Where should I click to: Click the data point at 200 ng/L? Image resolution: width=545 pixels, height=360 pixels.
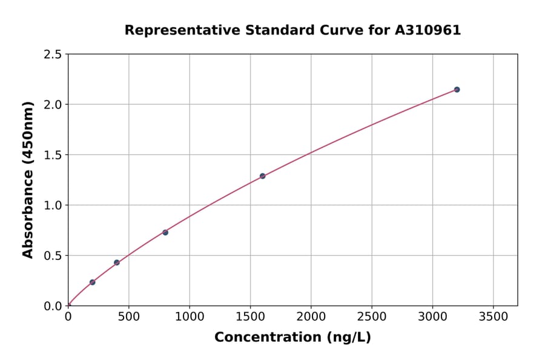pyautogui.click(x=92, y=282)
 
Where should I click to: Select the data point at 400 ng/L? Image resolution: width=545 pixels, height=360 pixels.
pyautogui.click(x=117, y=262)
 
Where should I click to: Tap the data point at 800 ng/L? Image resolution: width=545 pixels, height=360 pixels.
pyautogui.click(x=165, y=232)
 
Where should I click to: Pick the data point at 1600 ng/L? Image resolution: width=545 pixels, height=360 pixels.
pyautogui.click(x=262, y=176)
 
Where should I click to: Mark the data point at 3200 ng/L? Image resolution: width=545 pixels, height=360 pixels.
pyautogui.click(x=457, y=90)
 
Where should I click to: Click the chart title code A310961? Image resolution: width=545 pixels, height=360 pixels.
pyautogui.click(x=429, y=30)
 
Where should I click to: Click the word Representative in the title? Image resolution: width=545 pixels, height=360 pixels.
pyautogui.click(x=182, y=30)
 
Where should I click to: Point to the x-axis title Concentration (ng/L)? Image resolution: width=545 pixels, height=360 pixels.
pyautogui.click(x=292, y=338)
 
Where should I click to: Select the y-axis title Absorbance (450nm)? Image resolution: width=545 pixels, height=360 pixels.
pyautogui.click(x=28, y=180)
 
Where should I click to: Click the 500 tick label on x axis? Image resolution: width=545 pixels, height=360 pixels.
pyautogui.click(x=128, y=316)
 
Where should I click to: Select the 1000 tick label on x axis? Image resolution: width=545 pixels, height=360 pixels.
pyautogui.click(x=190, y=316)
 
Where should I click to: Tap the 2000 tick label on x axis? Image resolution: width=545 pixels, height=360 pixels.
pyautogui.click(x=311, y=316)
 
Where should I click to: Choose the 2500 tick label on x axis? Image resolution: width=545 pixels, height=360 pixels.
pyautogui.click(x=372, y=316)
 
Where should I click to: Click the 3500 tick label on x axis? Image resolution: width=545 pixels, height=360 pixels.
pyautogui.click(x=493, y=316)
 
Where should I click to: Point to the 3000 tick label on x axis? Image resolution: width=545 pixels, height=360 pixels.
pyautogui.click(x=432, y=316)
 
